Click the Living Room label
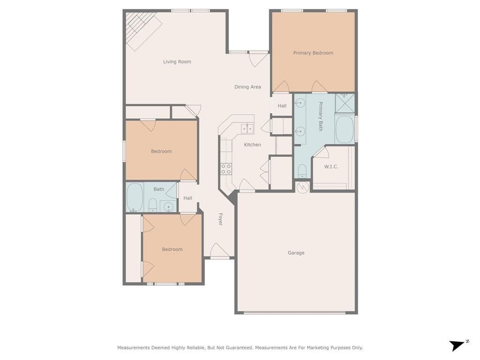pyautogui.click(x=177, y=62)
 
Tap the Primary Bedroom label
pyautogui.click(x=313, y=53)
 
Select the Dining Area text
pyautogui.click(x=247, y=87)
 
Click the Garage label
pyautogui.click(x=296, y=253)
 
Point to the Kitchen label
pyautogui.click(x=253, y=144)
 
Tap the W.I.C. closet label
pyautogui.click(x=331, y=166)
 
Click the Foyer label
pyautogui.click(x=220, y=219)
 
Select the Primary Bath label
pyautogui.click(x=321, y=116)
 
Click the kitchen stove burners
pyautogui.click(x=226, y=169)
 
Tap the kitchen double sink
pyautogui.click(x=247, y=128)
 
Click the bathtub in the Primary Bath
pyautogui.click(x=345, y=129)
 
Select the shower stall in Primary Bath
pyautogui.click(x=345, y=103)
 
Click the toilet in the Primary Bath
pyautogui.click(x=302, y=171)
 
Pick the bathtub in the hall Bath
pyautogui.click(x=135, y=197)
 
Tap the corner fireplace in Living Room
pyautogui.click(x=142, y=30)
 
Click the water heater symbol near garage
pyautogui.click(x=303, y=187)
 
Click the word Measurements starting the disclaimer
pyautogui.click(x=134, y=348)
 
